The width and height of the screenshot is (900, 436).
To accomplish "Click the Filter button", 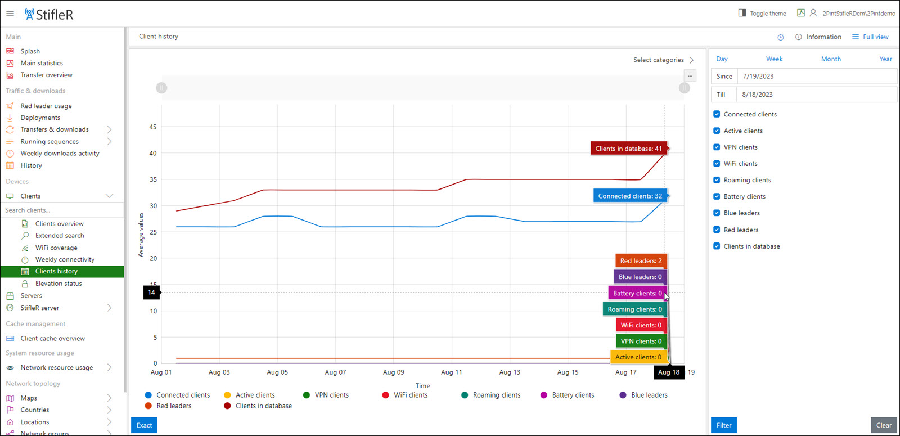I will (x=723, y=425).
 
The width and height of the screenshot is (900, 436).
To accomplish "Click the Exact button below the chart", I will (x=144, y=425).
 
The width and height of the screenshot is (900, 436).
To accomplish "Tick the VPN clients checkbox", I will (x=717, y=147).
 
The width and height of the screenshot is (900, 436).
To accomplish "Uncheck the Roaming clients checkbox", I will (x=717, y=180).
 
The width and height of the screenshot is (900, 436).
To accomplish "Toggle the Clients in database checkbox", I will (x=717, y=246).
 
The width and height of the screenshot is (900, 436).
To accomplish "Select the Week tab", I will (x=774, y=59).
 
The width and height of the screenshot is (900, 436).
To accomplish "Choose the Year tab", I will (x=885, y=59).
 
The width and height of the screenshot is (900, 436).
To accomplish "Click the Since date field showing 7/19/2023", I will (x=816, y=77).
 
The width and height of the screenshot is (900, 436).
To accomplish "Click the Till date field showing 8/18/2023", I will (x=816, y=95).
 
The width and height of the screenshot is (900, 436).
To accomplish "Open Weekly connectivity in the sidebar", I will (x=65, y=259).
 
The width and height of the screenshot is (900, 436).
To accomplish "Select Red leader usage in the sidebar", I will (x=46, y=106).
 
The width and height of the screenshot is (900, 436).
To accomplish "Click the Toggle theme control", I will (x=762, y=14).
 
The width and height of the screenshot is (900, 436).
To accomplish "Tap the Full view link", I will (x=870, y=37).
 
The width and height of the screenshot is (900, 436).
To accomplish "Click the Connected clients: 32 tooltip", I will (x=630, y=196).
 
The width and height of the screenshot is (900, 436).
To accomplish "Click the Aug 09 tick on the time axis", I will (x=393, y=372).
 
